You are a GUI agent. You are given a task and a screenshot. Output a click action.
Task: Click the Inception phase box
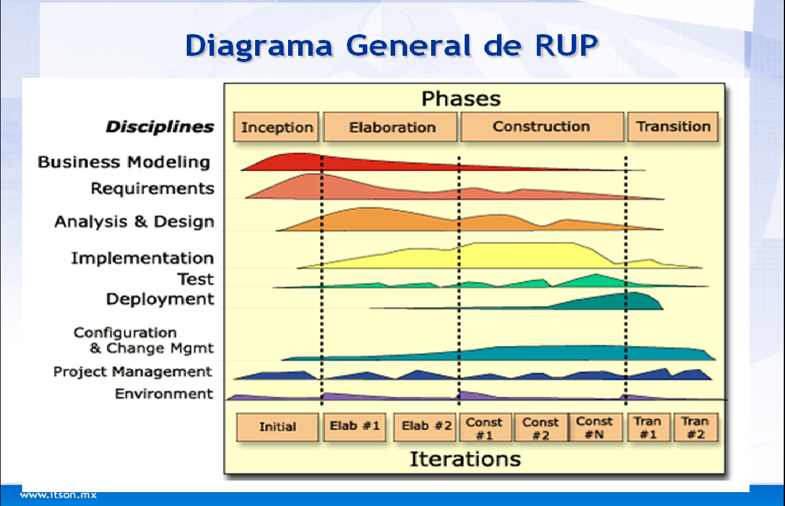(277, 127)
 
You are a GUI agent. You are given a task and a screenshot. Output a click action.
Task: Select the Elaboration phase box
(391, 127)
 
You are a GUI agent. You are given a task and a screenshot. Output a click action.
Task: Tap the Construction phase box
(542, 127)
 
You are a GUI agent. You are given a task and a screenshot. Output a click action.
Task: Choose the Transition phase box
(673, 127)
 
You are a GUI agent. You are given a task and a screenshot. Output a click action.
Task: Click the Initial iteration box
(277, 427)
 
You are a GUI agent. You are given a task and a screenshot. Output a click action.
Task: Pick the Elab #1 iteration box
(355, 427)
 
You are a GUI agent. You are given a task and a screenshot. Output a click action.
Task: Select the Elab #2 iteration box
(426, 427)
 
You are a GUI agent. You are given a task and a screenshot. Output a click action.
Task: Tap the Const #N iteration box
(594, 427)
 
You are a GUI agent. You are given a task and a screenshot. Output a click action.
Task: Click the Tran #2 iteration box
(694, 427)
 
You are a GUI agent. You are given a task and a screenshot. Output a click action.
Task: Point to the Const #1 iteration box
(484, 427)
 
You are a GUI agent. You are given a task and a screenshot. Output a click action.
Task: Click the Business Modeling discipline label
(123, 162)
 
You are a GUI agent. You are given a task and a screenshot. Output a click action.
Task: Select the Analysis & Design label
(134, 222)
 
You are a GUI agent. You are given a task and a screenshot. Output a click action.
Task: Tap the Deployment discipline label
(160, 299)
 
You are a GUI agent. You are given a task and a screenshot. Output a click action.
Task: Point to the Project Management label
(132, 372)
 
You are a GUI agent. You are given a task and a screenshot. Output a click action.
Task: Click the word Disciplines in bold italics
(160, 127)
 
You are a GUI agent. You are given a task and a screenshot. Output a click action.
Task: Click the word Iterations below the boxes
(465, 459)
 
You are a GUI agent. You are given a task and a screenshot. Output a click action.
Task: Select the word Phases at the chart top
(461, 99)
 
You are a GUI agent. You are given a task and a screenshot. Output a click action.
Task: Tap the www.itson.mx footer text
(58, 495)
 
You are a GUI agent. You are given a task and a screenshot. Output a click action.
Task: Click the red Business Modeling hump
(298, 161)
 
